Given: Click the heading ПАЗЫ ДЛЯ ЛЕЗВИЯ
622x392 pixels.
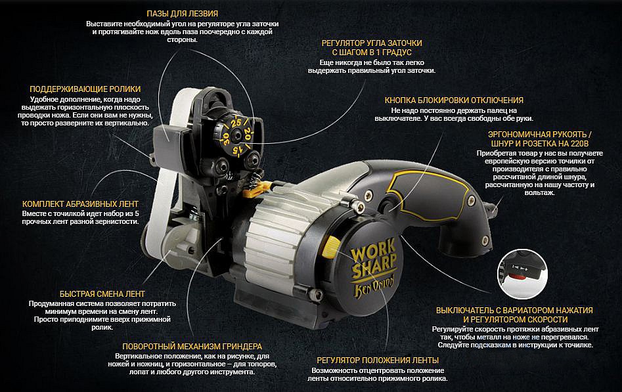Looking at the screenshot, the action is click(x=182, y=14).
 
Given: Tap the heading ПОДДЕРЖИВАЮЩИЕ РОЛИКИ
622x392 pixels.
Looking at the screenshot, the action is click(x=85, y=89).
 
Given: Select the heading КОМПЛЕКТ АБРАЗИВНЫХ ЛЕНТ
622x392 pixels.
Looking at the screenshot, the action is click(x=80, y=204).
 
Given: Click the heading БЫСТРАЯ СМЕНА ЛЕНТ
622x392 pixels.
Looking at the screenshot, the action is click(x=102, y=294).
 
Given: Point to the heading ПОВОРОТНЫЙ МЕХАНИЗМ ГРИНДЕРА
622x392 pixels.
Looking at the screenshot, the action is click(x=192, y=347).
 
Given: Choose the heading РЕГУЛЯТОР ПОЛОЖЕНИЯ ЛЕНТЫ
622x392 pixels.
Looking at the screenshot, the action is click(x=378, y=360).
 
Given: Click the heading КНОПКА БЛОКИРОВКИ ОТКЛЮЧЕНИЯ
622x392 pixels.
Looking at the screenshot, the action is click(x=454, y=100).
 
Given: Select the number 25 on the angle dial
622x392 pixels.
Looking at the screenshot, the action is click(x=236, y=123).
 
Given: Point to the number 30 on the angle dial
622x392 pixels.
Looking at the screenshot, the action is click(x=226, y=138).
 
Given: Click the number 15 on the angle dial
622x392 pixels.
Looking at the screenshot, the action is click(x=237, y=150).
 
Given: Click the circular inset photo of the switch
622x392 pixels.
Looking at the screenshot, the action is click(x=522, y=274).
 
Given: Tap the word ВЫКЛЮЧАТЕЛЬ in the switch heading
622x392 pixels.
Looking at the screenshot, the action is click(x=462, y=311).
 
